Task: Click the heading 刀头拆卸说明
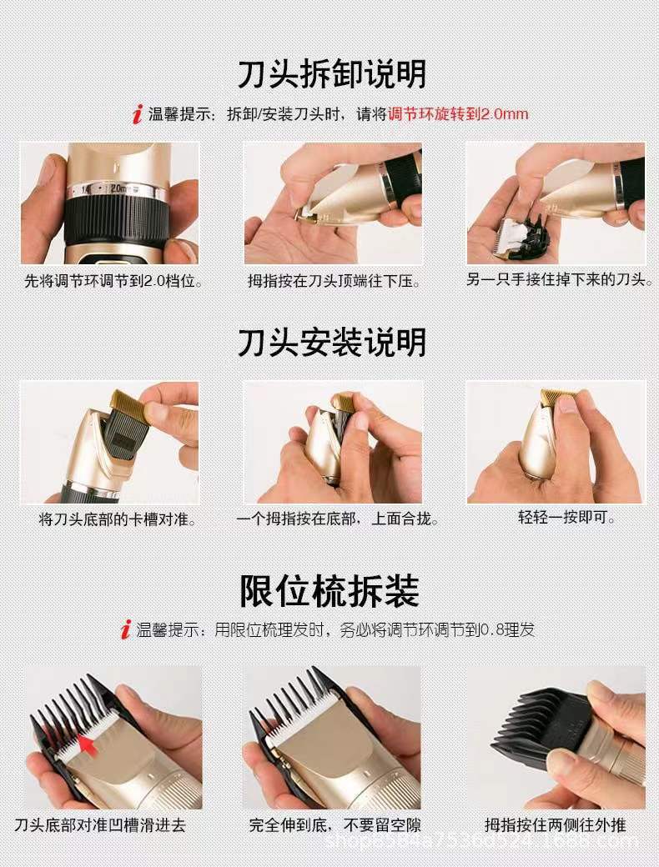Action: pos(331,73)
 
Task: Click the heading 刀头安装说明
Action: pos(331,343)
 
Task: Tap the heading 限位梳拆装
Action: pos(329,590)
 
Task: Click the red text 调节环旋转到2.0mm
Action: pos(458,114)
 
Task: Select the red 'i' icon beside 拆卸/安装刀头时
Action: pos(137,114)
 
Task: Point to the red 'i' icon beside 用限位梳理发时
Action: pos(125,629)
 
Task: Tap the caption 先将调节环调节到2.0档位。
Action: pos(113,282)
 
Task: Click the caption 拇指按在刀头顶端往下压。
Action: pos(334,282)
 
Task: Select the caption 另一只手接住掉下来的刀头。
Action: pos(559,280)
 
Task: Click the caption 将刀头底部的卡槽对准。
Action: pos(118,519)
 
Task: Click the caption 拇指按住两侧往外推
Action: pos(556,825)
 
